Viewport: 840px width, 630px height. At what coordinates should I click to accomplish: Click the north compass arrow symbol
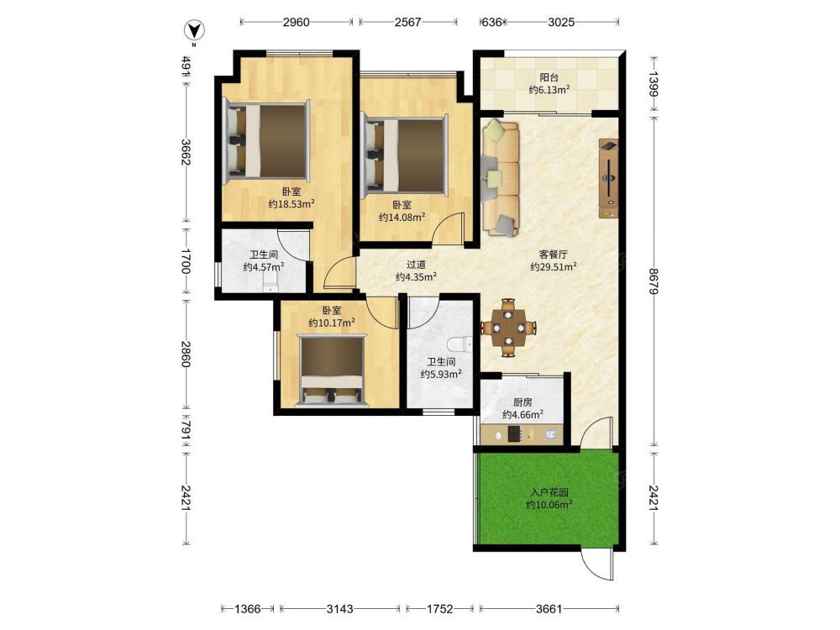tap(193, 30)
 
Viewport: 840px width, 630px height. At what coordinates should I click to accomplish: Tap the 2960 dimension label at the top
tap(297, 22)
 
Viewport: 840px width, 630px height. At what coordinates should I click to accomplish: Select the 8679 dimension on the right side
tap(654, 281)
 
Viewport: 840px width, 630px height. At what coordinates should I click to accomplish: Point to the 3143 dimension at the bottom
tap(339, 608)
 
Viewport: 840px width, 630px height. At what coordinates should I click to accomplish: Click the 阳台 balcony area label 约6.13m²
tap(549, 90)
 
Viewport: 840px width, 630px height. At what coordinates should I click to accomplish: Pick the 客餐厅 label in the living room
tap(553, 254)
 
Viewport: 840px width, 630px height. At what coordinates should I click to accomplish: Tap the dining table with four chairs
tap(508, 328)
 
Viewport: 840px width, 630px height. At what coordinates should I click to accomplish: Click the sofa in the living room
tap(501, 178)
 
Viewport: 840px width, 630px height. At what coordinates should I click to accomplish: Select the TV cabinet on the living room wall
tap(608, 178)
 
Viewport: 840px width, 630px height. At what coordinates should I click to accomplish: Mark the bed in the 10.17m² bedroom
tap(332, 370)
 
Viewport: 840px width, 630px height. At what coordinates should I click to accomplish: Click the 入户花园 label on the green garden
tap(549, 492)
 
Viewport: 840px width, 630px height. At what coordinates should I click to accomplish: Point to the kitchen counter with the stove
tap(522, 434)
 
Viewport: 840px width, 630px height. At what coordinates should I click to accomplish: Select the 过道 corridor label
tap(417, 264)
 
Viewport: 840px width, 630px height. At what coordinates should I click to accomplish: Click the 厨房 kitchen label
tap(522, 402)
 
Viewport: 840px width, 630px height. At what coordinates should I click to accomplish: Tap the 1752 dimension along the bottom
tap(439, 608)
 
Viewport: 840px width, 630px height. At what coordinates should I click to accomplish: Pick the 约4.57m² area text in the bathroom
tap(264, 267)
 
